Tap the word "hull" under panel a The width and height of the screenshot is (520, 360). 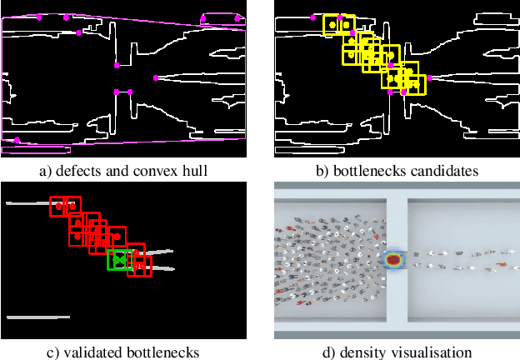click(x=195, y=172)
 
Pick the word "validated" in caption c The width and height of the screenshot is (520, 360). click(x=85, y=352)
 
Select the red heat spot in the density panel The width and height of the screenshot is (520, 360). click(x=393, y=259)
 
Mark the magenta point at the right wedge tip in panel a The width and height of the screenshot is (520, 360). click(x=156, y=78)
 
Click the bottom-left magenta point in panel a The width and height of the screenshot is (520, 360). click(x=17, y=139)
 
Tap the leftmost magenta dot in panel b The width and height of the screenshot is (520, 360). click(x=312, y=17)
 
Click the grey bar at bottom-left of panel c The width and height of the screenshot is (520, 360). click(x=37, y=317)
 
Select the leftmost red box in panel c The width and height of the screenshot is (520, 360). click(x=58, y=206)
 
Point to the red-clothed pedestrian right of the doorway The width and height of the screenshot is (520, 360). click(x=501, y=264)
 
